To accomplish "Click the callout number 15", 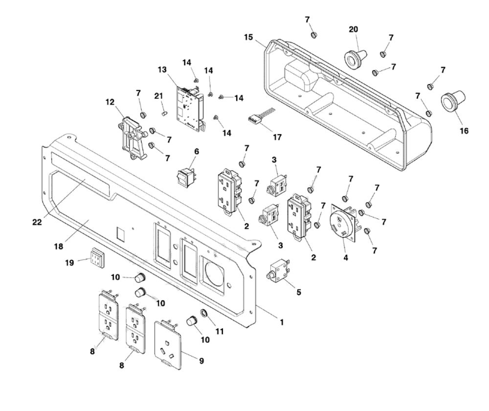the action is click(248, 37).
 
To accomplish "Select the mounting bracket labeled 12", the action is click(133, 137).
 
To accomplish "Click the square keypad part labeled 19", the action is click(97, 257).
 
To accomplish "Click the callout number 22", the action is click(37, 222).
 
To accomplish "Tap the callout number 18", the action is click(59, 247).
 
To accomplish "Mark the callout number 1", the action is click(282, 322).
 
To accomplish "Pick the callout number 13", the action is click(162, 69).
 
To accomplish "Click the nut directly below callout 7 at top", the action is click(314, 35).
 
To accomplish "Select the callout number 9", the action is click(201, 361).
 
